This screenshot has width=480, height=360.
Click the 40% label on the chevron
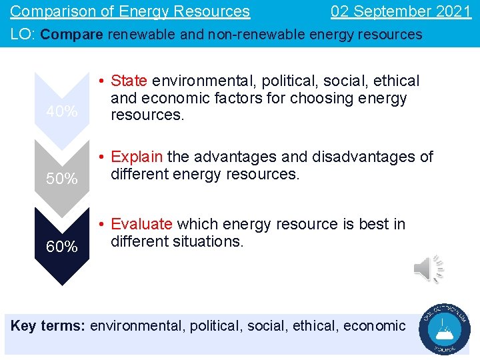coord(61,112)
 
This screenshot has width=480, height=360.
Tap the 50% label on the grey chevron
coord(61,179)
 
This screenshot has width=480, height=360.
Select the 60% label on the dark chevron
coord(61,247)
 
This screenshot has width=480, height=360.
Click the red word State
coord(129,81)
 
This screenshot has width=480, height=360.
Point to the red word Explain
coord(137,157)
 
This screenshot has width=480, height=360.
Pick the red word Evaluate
coord(141,225)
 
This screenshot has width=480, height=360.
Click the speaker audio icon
coord(428,269)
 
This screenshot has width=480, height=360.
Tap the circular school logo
coord(445,329)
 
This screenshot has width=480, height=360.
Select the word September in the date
coord(387,11)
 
